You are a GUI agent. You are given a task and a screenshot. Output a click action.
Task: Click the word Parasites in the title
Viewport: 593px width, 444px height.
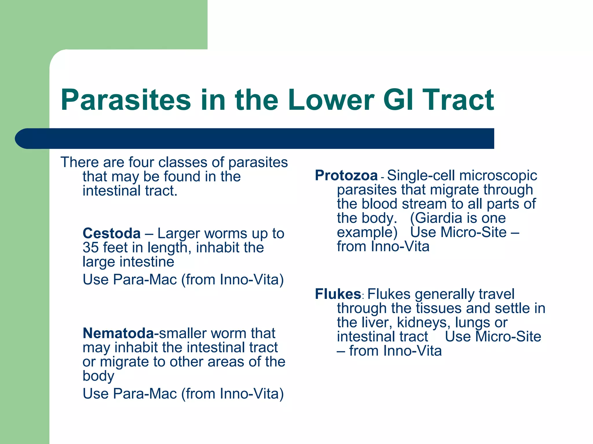126,100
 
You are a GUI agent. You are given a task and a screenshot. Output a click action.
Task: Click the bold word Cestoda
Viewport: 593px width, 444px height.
111,233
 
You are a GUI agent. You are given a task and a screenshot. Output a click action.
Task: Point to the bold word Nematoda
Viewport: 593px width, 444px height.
118,333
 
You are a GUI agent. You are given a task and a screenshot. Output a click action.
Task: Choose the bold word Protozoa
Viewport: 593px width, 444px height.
346,175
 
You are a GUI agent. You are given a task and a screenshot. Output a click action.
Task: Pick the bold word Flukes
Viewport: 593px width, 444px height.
338,294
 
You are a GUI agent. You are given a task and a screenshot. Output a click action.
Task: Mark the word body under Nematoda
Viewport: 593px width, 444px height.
98,376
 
